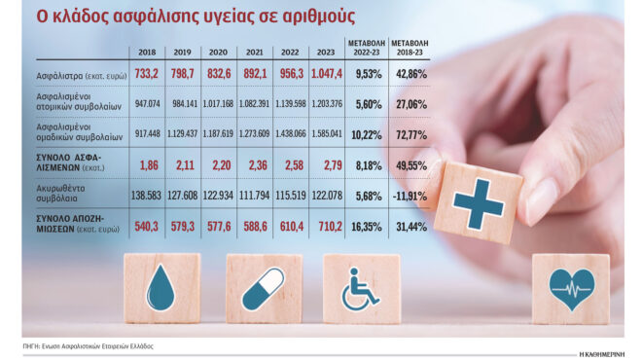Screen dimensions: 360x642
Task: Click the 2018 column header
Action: [x=148, y=52]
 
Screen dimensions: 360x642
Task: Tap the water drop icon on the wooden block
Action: [x=161, y=288]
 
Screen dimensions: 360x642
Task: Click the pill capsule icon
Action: [x=264, y=289]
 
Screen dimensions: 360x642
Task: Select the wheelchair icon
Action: [x=360, y=290]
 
